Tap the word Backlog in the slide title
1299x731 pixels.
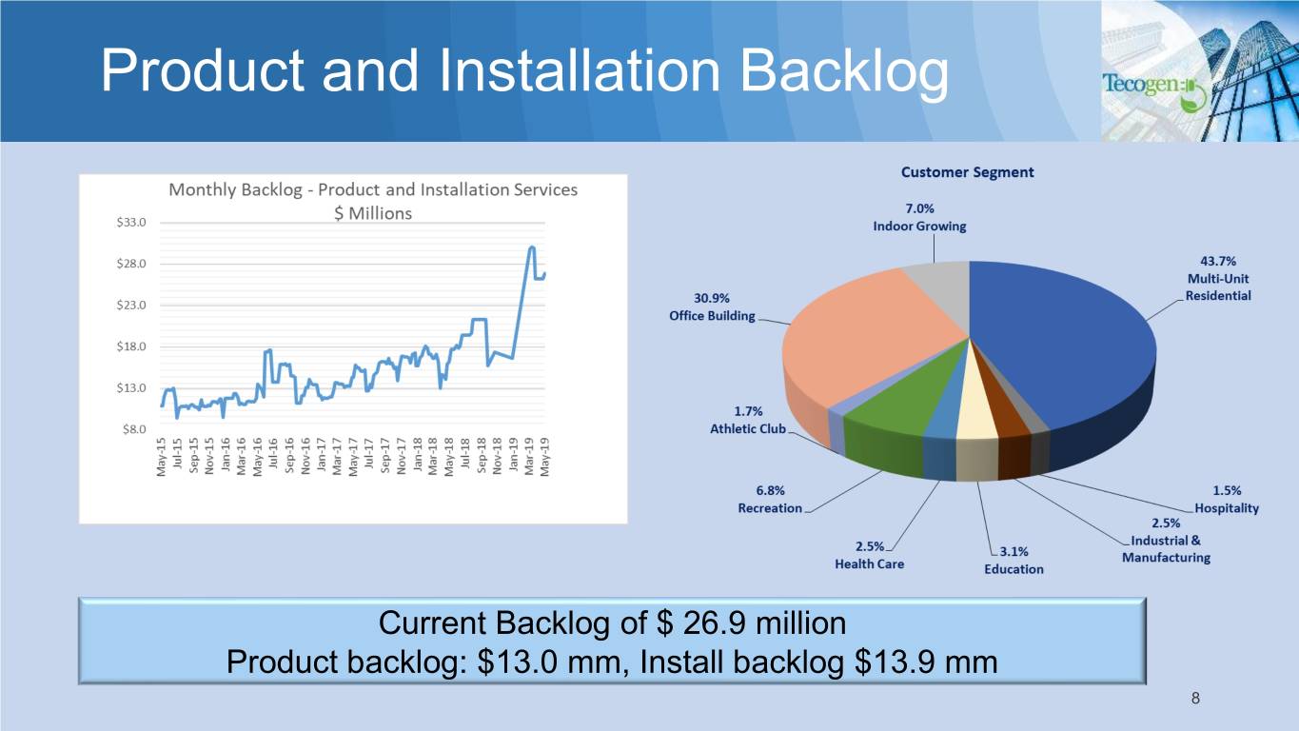844,71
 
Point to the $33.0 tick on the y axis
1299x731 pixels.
131,222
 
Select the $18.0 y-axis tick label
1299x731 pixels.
131,346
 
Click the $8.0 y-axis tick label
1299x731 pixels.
134,429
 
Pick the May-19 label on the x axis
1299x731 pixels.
544,457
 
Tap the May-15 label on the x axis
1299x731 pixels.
161,457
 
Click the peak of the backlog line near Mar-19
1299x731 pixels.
531,247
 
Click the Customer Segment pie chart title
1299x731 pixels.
967,172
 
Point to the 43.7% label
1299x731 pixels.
1218,261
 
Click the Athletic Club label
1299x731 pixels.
747,428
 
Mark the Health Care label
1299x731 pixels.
869,563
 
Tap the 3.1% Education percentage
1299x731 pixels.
1014,551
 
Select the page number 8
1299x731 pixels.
1195,698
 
